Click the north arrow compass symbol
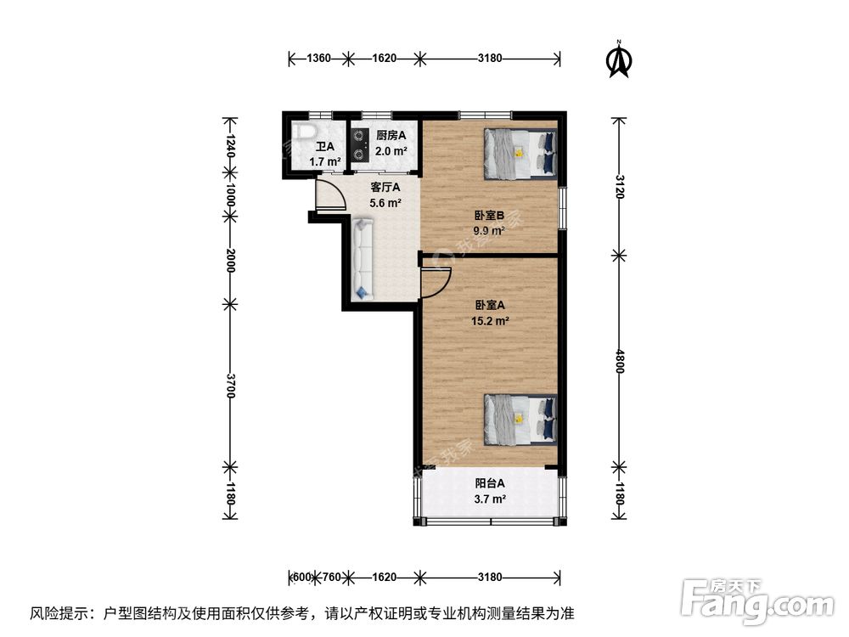pos(620,59)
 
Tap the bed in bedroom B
pos(520,154)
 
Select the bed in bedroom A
pos(520,420)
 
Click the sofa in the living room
pos(363,258)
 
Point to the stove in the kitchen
pos(359,144)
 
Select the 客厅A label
pos(385,187)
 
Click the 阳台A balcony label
pos(490,483)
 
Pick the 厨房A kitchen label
pos(391,135)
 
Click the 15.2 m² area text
pos(490,321)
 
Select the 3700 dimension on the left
pos(229,386)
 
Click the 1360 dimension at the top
pos(318,59)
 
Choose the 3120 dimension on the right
pos(620,185)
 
